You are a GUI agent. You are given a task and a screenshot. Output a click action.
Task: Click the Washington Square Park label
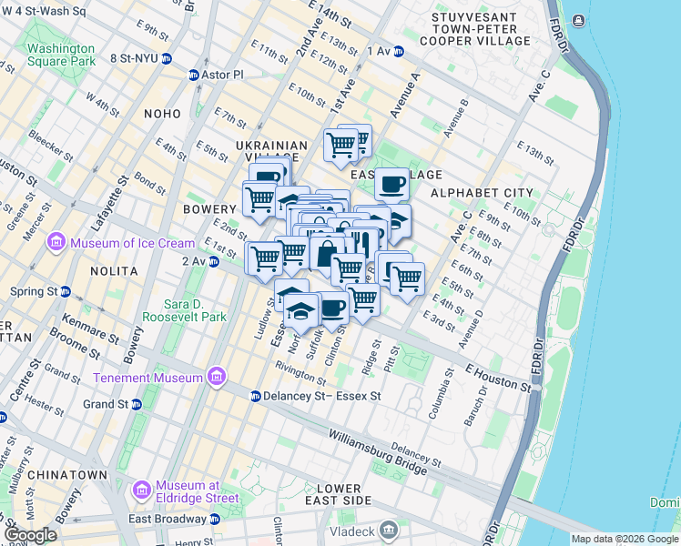click(60, 55)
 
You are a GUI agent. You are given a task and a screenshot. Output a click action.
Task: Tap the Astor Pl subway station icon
click(194, 75)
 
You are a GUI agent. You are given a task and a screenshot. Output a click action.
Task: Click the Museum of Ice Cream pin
click(56, 243)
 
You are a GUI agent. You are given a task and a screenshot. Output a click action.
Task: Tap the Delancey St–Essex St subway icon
click(256, 397)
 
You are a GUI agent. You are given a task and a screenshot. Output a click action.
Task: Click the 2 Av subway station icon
click(214, 262)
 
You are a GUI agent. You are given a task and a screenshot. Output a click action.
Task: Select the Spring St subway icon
click(66, 291)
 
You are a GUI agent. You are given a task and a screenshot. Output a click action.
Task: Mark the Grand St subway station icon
click(136, 404)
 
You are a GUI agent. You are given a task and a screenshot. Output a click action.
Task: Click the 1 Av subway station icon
click(398, 52)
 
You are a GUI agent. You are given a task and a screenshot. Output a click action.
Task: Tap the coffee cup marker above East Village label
click(391, 184)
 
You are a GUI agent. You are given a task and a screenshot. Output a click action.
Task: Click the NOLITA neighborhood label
click(114, 271)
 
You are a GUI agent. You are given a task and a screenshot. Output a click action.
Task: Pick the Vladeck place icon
click(389, 529)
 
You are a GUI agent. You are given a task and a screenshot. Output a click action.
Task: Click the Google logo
click(30, 535)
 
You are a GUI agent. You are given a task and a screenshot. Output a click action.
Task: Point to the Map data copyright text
click(624, 539)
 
